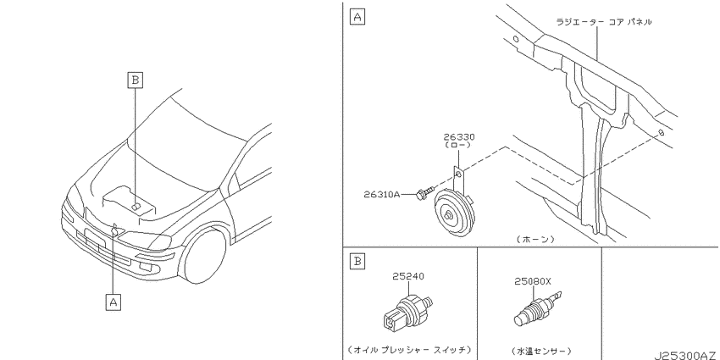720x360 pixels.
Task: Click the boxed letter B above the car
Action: pos(135,80)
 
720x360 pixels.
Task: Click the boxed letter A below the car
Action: pos(114,302)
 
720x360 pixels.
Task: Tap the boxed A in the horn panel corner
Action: pos(357,18)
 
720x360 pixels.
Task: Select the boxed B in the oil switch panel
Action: pos(357,261)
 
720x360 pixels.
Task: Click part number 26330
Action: pos(459,137)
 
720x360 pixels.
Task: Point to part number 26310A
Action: pos(382,194)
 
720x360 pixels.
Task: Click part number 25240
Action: pos(408,276)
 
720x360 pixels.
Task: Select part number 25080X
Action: pos(533,281)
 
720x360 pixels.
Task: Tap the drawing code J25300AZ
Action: pos(687,356)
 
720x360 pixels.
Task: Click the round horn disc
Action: pos(452,213)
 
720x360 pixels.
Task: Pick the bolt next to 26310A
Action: pos(424,193)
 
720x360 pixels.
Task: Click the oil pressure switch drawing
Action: pos(407,312)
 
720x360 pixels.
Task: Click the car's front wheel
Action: pos(203,255)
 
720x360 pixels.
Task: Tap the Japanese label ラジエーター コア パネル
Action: pos(603,21)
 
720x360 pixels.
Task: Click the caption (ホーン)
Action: pos(535,239)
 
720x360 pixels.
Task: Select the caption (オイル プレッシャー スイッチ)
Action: pos(410,350)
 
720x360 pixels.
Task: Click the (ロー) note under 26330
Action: pos(458,145)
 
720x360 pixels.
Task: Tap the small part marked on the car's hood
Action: pos(136,207)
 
